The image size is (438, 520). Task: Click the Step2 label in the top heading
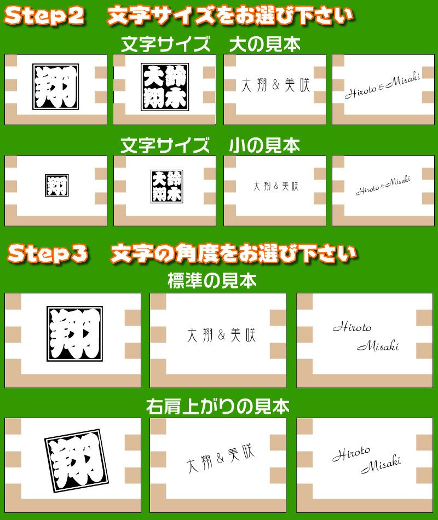pos(44,16)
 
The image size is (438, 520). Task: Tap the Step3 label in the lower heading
pos(48,253)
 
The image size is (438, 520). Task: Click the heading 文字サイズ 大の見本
pos(211,44)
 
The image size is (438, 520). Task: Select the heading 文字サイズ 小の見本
pos(210,146)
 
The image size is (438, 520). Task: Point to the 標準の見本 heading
pos(212,281)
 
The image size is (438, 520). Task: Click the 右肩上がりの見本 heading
pos(218,406)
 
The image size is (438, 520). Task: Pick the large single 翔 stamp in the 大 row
pos(56,86)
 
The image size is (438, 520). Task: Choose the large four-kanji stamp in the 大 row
pos(165,87)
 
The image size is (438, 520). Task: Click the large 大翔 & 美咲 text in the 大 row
pos(276,85)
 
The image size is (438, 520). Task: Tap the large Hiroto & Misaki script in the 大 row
pos(382,85)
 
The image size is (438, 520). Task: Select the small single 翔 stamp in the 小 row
pos(57,185)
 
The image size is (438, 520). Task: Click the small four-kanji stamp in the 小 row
pos(167,186)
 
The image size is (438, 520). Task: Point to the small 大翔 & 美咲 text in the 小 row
pos(276,186)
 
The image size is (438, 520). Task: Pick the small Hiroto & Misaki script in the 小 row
pos(383,186)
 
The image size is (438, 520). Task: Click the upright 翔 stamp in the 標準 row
pos(74,334)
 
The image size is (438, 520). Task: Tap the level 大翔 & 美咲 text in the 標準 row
pos(222,335)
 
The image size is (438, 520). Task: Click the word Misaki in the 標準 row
pos(378,346)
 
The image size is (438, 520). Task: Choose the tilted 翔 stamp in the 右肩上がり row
pos(77,461)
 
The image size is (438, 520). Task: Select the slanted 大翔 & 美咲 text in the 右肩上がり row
pos(220,458)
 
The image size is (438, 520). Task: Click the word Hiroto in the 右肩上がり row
pos(351,454)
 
